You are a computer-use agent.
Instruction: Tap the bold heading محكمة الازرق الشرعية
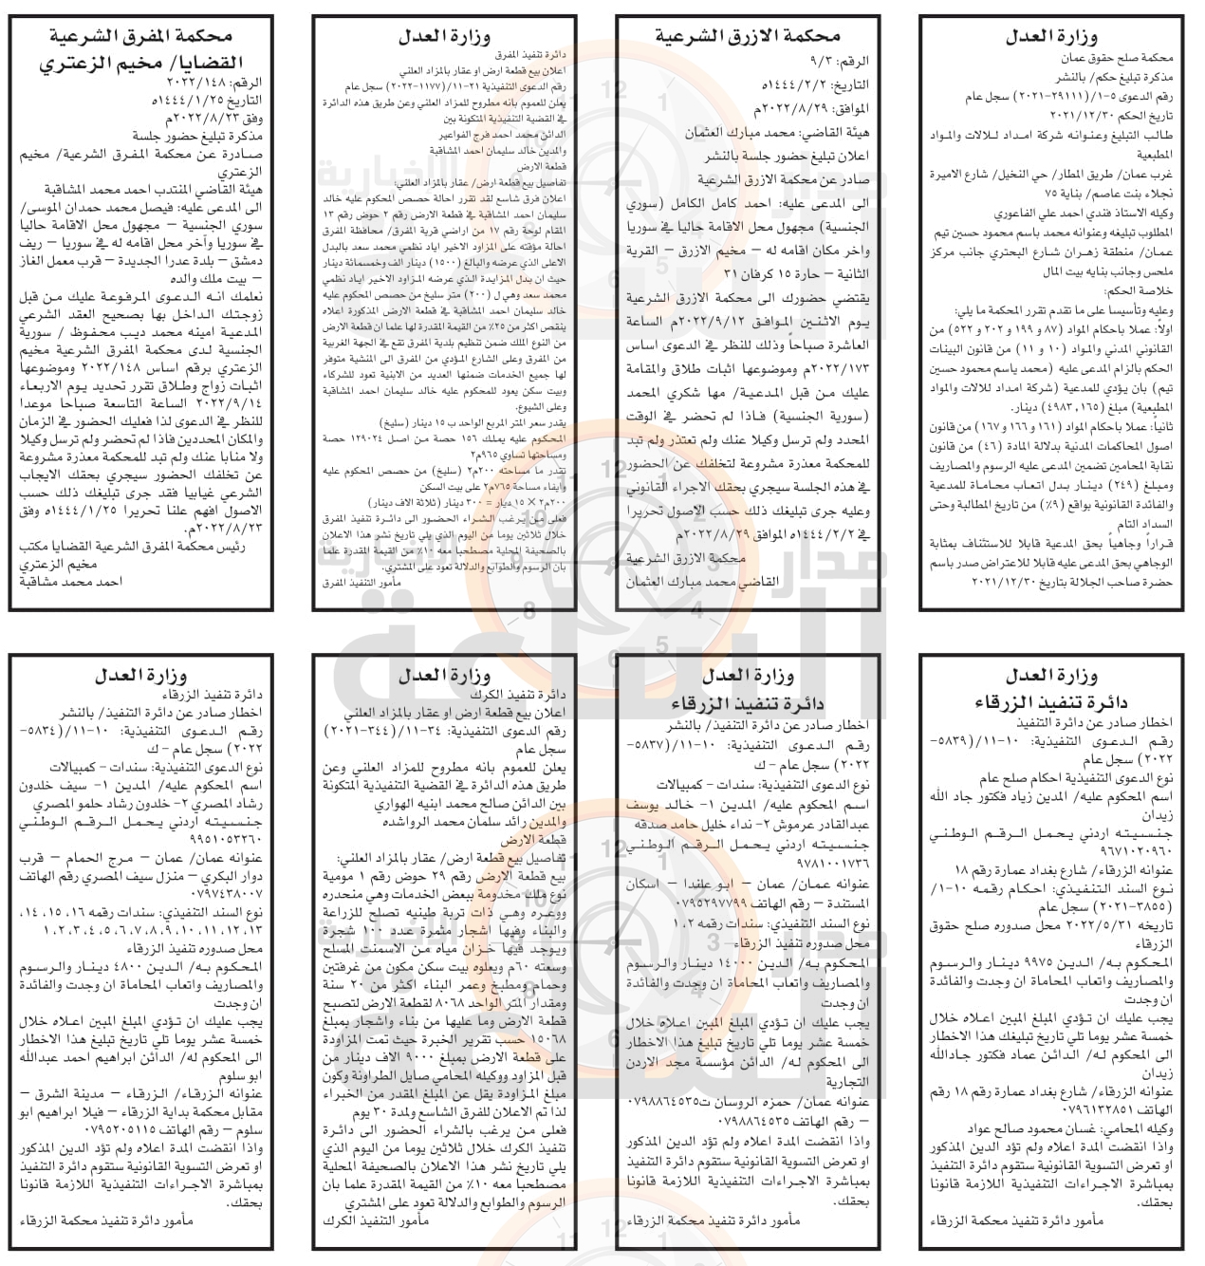(x=750, y=37)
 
